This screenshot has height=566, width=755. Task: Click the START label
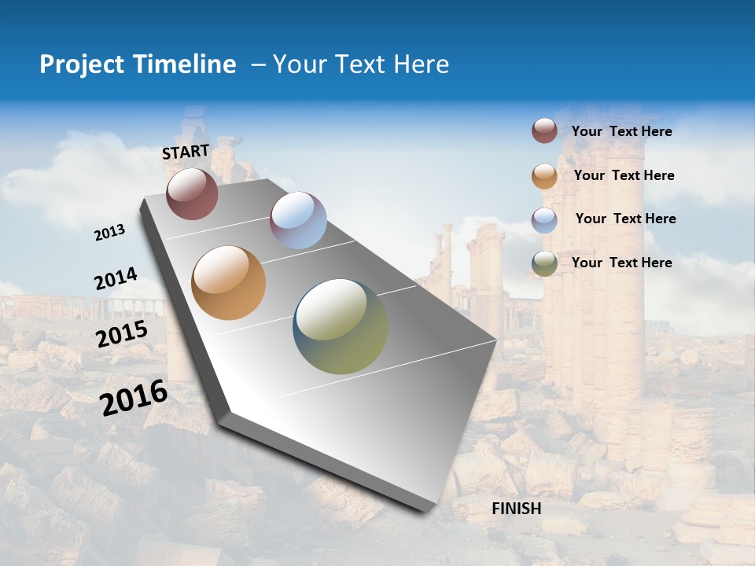click(186, 152)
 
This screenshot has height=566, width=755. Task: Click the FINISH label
click(516, 509)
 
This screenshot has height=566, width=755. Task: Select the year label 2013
click(109, 233)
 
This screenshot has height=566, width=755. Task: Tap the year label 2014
click(116, 279)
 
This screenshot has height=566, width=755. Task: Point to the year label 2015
click(121, 334)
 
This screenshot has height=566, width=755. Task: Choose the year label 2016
click(134, 398)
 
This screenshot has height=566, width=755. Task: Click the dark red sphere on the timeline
click(192, 193)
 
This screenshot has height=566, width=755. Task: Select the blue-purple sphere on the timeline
click(298, 220)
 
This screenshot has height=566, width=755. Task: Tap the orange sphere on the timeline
click(229, 283)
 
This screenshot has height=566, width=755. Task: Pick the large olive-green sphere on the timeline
click(341, 326)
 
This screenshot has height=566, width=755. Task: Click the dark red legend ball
click(544, 131)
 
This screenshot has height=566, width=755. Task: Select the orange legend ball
click(544, 176)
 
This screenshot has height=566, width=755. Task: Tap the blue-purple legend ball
click(544, 220)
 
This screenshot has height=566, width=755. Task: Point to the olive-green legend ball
click(544, 264)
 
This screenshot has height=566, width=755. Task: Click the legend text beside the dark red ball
click(621, 131)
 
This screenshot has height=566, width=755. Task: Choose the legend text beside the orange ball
click(624, 175)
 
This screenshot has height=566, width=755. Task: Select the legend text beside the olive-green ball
click(621, 263)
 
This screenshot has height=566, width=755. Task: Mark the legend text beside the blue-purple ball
click(625, 219)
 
